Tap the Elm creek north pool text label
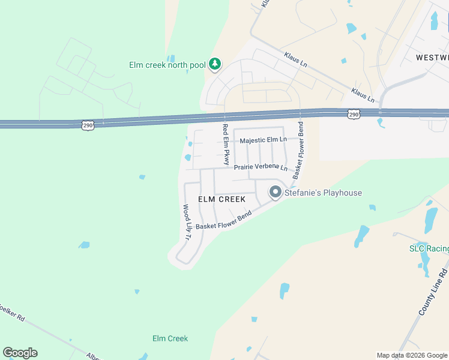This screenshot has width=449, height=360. pyautogui.click(x=167, y=65)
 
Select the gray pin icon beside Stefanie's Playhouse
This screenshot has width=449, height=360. pyautogui.click(x=276, y=192)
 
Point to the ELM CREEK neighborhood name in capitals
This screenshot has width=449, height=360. pyautogui.click(x=222, y=199)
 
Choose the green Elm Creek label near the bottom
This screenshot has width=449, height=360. pyautogui.click(x=170, y=338)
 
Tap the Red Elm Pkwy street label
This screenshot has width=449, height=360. pyautogui.click(x=226, y=144)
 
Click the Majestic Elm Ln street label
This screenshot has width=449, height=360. pyautogui.click(x=263, y=140)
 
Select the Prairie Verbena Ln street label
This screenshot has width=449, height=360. pyautogui.click(x=261, y=167)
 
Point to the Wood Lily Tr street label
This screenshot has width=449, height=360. pyautogui.click(x=186, y=222)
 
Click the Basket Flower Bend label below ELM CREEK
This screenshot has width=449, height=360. pyautogui.click(x=223, y=220)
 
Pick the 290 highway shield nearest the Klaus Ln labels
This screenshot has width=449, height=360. pyautogui.click(x=354, y=113)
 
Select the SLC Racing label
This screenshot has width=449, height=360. pyautogui.click(x=429, y=248)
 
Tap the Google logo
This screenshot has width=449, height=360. pyautogui.click(x=20, y=353)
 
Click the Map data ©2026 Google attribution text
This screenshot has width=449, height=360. pyautogui.click(x=411, y=355)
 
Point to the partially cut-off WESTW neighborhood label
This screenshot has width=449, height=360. pyautogui.click(x=432, y=57)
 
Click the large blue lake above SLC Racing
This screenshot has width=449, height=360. pyautogui.click(x=431, y=218)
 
